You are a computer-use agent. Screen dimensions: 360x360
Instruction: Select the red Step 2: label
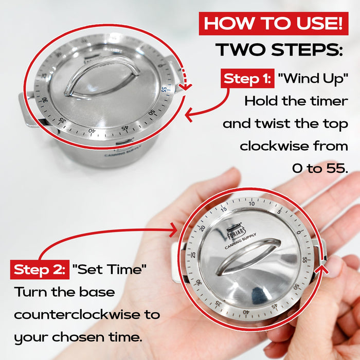[x=39, y=269]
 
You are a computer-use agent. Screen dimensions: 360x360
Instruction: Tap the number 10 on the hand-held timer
[x=251, y=204]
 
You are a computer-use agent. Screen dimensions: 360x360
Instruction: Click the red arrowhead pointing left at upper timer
[x=189, y=114]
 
